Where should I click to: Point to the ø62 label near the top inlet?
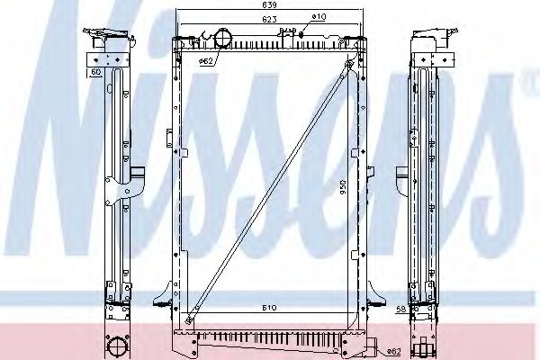[x=205, y=62]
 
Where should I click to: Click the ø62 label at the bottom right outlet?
[x=392, y=351]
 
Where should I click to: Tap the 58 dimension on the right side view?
[x=400, y=309]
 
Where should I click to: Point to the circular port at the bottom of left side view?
[x=116, y=346]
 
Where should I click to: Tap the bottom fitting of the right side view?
[x=423, y=342]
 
